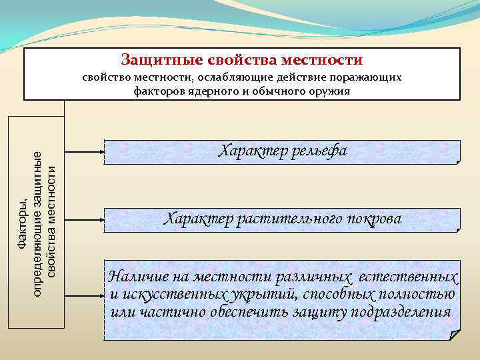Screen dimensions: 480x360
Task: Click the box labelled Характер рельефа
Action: pos(282,152)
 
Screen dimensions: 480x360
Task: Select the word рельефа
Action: pos(315,151)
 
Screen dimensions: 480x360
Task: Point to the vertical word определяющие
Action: pos(39,223)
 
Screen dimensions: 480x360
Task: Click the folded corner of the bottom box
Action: pos(454,334)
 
